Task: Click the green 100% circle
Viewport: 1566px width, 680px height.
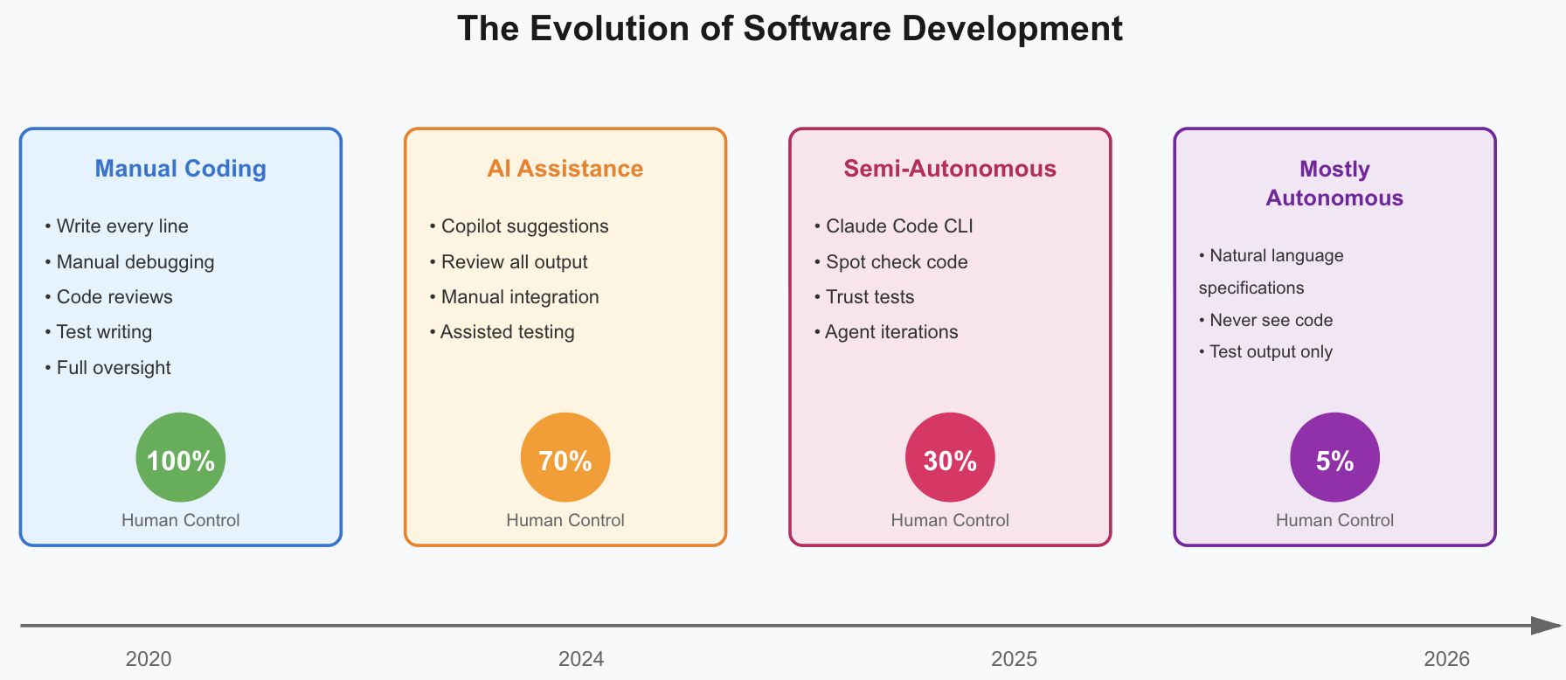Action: point(181,457)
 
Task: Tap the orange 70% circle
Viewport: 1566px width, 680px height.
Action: point(565,457)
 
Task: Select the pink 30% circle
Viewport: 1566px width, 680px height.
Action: point(950,457)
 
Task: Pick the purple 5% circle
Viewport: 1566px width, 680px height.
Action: point(1334,457)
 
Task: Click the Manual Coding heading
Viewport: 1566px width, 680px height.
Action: point(181,169)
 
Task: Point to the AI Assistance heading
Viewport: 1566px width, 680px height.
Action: point(565,169)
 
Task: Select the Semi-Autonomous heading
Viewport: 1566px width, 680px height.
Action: point(950,169)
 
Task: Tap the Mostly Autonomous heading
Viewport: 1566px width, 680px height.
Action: point(1334,183)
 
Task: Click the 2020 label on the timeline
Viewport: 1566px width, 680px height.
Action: point(149,659)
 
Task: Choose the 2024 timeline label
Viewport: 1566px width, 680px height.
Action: point(581,659)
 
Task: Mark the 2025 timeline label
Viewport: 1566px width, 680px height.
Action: point(1014,659)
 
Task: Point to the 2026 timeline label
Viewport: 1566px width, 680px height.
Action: point(1446,659)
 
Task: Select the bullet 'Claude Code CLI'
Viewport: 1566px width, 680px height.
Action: point(898,226)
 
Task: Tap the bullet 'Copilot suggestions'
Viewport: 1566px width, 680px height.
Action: point(524,226)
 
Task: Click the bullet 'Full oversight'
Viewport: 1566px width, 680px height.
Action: point(113,368)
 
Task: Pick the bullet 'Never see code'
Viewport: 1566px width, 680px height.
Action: point(1271,320)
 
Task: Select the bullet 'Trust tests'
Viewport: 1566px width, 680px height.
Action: point(870,297)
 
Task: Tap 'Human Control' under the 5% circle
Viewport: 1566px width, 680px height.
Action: point(1334,520)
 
